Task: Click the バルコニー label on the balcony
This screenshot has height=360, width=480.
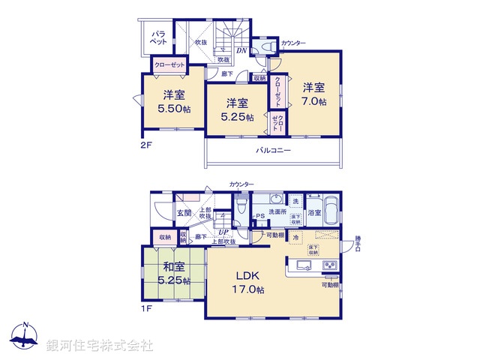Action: click(x=274, y=150)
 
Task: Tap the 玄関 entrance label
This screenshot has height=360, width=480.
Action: click(x=184, y=213)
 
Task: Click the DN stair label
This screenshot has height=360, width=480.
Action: click(x=242, y=51)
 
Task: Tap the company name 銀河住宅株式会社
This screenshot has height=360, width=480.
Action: click(x=100, y=345)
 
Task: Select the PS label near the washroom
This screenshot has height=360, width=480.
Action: click(x=260, y=218)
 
